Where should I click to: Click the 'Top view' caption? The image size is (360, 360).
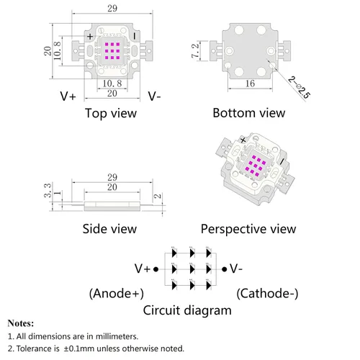pyautogui.click(x=111, y=113)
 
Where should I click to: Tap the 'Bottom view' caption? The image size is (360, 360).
pyautogui.click(x=249, y=113)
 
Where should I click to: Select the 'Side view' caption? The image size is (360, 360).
pyautogui.click(x=109, y=229)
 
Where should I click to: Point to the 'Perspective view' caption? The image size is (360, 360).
pyautogui.click(x=248, y=229)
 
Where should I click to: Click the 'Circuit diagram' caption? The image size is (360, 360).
pyautogui.click(x=187, y=310)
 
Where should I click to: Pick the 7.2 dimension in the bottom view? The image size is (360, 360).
pyautogui.click(x=195, y=50)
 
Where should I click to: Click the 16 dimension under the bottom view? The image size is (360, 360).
pyautogui.click(x=250, y=84)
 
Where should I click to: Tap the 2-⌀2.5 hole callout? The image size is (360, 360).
pyautogui.click(x=299, y=87)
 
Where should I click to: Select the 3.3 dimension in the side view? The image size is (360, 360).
pyautogui.click(x=48, y=190)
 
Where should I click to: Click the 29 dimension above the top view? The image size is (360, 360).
pyautogui.click(x=112, y=9)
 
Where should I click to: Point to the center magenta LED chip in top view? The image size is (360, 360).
pyautogui.click(x=112, y=51)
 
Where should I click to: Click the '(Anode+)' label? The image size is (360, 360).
pyautogui.click(x=117, y=293)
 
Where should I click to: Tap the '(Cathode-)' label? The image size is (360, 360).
pyautogui.click(x=267, y=293)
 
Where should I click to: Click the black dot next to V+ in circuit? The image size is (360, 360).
pyautogui.click(x=156, y=269)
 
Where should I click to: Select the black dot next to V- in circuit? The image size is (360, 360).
pyautogui.click(x=224, y=269)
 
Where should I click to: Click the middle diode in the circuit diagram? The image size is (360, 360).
pyautogui.click(x=192, y=269)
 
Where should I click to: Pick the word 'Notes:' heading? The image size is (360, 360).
pyautogui.click(x=21, y=323)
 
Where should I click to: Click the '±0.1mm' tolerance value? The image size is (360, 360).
pyautogui.click(x=79, y=348)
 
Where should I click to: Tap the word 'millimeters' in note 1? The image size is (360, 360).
pyautogui.click(x=117, y=336)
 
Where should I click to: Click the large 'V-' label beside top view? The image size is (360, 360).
pyautogui.click(x=154, y=96)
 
